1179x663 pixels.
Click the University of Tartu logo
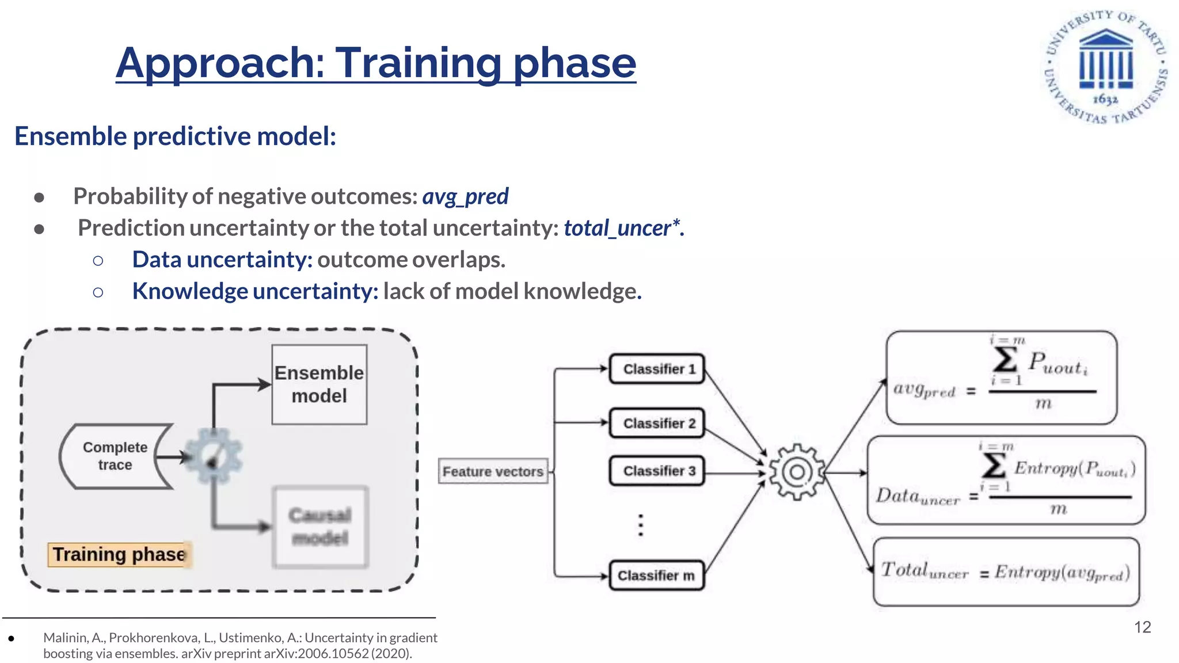tap(1105, 66)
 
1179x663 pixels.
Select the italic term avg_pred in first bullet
tap(465, 196)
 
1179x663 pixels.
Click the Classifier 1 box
tap(657, 369)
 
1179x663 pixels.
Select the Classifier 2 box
tap(657, 423)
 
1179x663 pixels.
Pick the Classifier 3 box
tap(657, 471)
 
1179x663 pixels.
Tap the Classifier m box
tap(657, 575)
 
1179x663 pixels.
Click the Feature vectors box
tap(493, 471)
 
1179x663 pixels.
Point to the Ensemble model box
tap(319, 384)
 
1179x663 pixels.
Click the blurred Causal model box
tap(320, 527)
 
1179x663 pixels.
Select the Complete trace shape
tap(115, 456)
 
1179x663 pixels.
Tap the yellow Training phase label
tap(119, 554)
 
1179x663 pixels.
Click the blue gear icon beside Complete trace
tap(214, 456)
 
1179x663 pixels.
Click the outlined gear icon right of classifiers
tap(797, 472)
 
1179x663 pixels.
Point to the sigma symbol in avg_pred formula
tap(1005, 360)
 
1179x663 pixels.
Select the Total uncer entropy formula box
tap(1006, 571)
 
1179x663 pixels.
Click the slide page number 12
tap(1142, 627)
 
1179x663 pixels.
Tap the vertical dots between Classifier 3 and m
tap(641, 525)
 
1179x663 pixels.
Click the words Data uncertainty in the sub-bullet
tap(222, 260)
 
